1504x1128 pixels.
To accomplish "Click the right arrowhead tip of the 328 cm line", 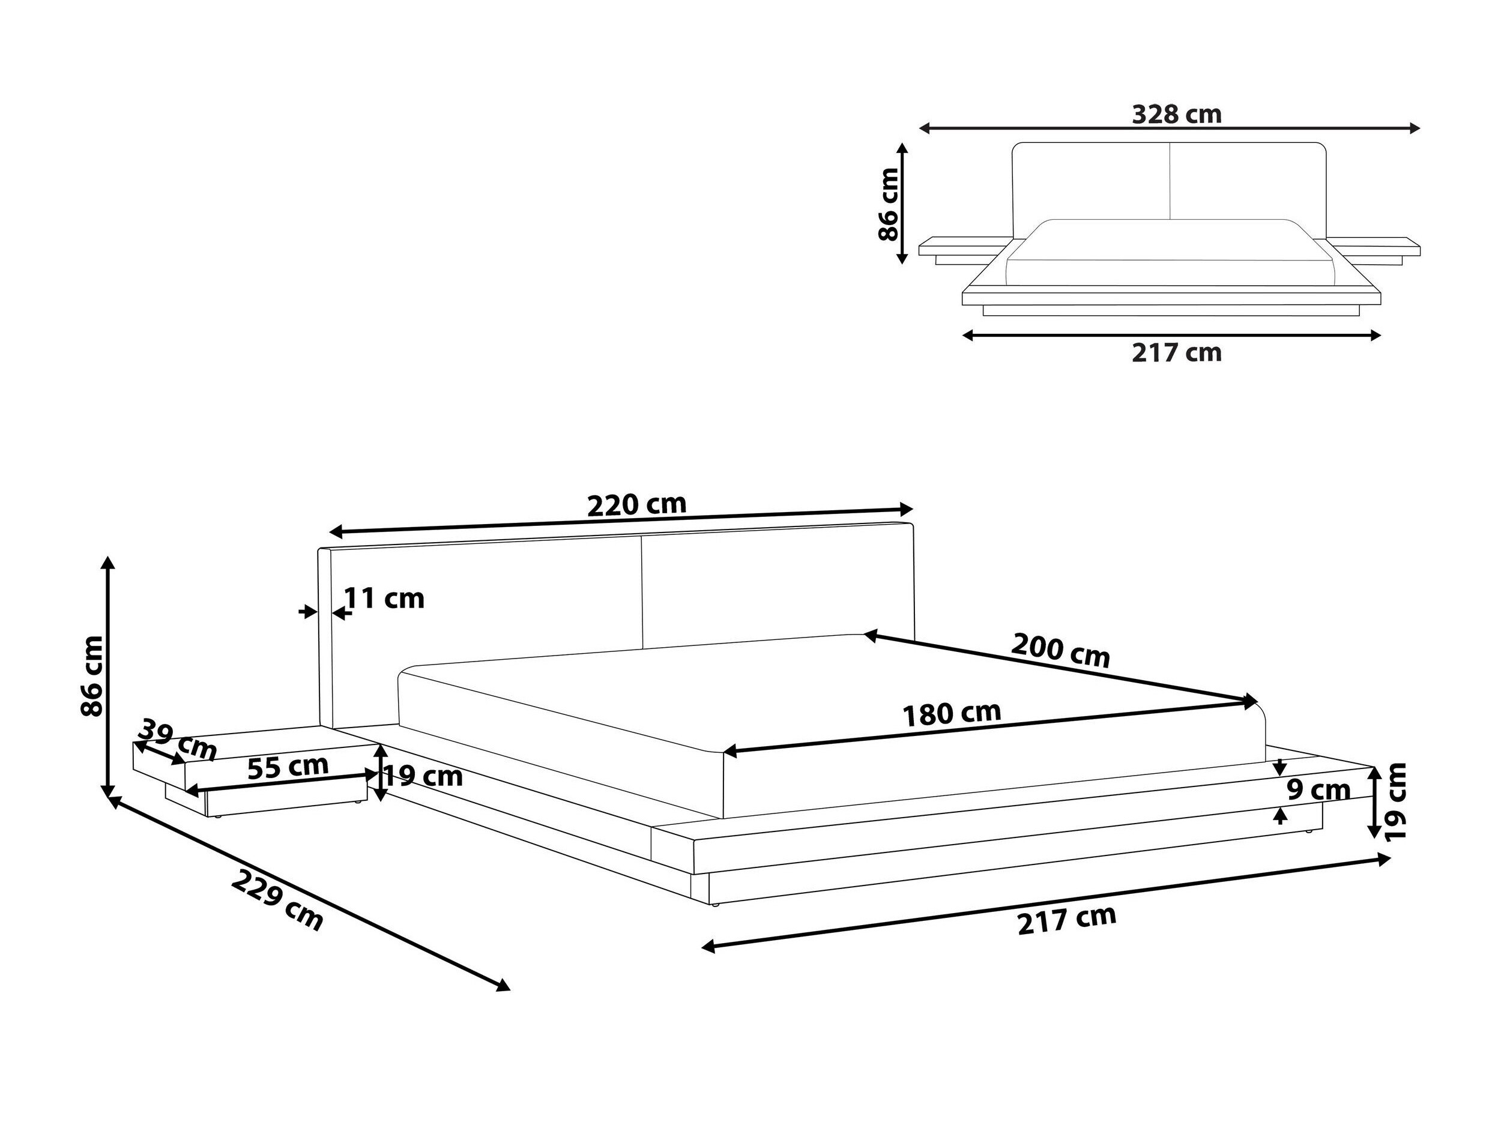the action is click(x=1421, y=128).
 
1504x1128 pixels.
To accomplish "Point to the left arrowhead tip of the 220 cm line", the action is click(x=328, y=532).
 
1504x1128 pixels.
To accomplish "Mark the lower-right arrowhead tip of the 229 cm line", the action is click(x=510, y=989).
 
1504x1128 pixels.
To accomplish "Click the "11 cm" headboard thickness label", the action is click(x=385, y=599).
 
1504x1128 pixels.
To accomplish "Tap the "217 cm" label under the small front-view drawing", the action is click(x=1177, y=352).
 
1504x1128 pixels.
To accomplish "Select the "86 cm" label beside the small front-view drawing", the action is click(x=889, y=204).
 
